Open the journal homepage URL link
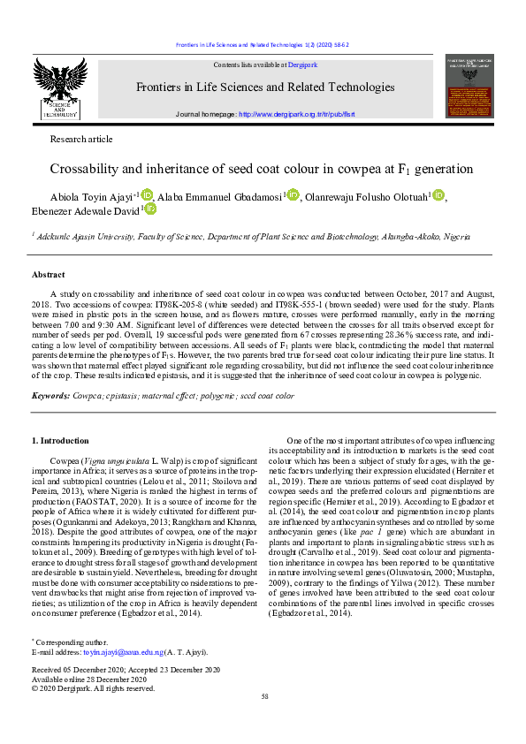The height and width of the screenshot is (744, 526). click(291, 115)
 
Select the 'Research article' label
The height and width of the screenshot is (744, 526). click(82, 139)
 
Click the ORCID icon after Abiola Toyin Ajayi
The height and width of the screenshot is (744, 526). click(147, 194)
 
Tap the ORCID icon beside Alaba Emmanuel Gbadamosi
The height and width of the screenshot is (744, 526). click(293, 194)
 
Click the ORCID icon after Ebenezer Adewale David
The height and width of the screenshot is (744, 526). click(150, 209)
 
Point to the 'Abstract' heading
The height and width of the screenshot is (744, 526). click(48, 275)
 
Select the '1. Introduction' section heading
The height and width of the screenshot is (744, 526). click(60, 440)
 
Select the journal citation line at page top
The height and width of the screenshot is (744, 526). click(263, 45)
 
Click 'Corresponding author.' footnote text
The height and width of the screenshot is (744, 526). click(71, 667)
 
